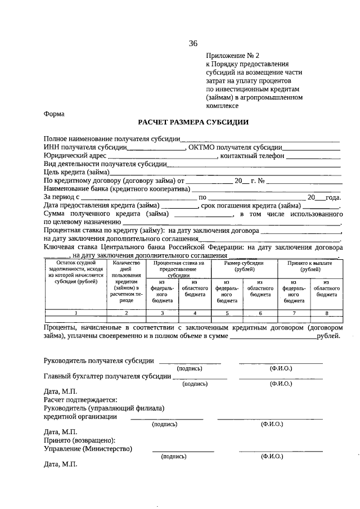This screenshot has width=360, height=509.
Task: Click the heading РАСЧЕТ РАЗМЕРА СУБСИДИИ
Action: point(193,122)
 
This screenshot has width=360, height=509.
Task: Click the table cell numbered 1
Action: point(75,312)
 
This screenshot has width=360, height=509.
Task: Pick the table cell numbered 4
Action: point(195,312)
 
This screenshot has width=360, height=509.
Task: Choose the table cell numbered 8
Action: point(326,312)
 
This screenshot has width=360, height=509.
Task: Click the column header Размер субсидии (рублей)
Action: point(243,266)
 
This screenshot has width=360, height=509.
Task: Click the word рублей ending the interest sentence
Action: point(328,336)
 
